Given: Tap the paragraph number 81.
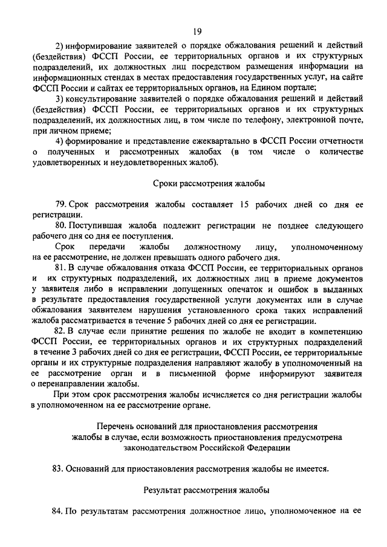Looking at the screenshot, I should click(60, 267).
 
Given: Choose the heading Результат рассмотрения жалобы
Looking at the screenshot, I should click(206, 490).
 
